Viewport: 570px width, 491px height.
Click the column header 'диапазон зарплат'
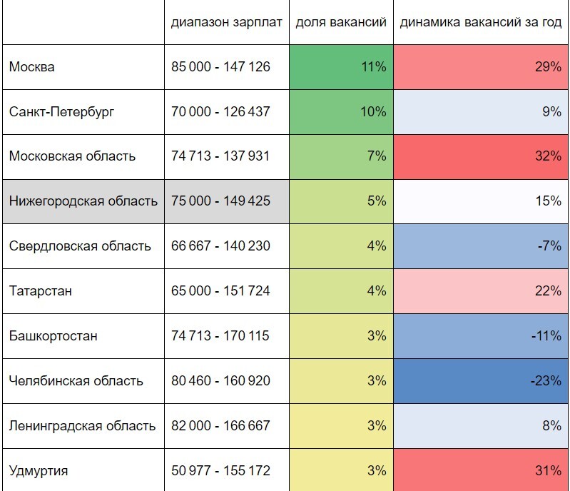click(x=226, y=22)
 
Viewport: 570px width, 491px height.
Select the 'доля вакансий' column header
click(x=341, y=22)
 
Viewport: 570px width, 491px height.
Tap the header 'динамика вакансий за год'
click(x=480, y=22)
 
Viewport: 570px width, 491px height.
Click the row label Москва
click(x=32, y=67)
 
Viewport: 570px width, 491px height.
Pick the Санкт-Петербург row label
click(x=62, y=112)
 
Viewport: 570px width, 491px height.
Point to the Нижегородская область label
click(x=83, y=201)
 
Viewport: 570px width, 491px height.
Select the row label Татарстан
click(x=41, y=291)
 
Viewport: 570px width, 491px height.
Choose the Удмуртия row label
click(x=39, y=471)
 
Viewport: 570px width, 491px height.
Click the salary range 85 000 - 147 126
click(x=220, y=67)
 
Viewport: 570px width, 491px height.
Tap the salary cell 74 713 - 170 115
click(x=220, y=336)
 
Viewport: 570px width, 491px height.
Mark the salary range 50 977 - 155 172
click(x=220, y=471)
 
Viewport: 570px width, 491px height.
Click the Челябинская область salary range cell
click(x=220, y=381)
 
